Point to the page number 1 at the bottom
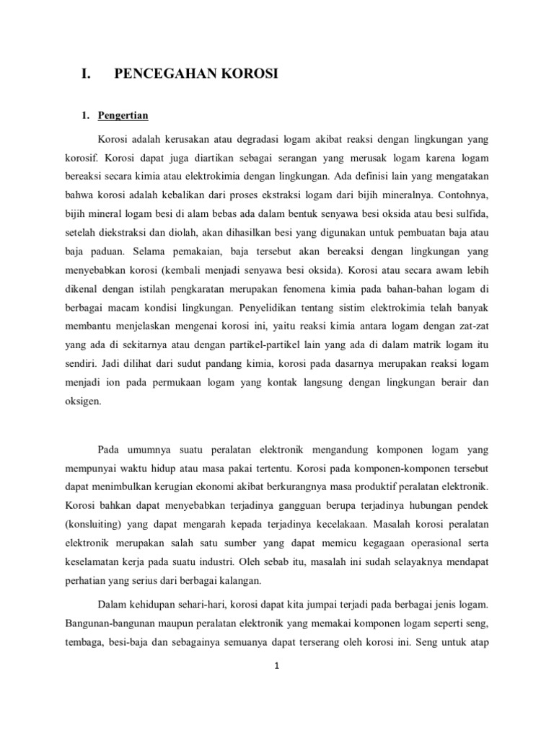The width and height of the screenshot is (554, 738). [277, 666]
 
